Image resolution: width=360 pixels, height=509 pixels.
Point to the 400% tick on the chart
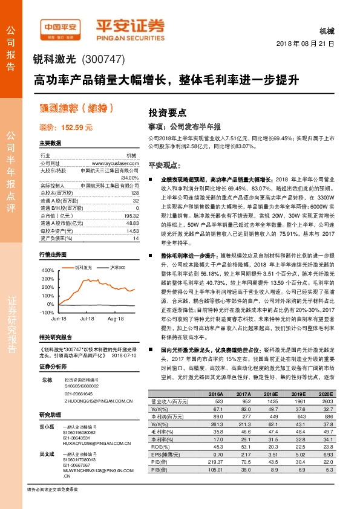[47, 270]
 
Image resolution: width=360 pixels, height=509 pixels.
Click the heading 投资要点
[168, 112]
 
